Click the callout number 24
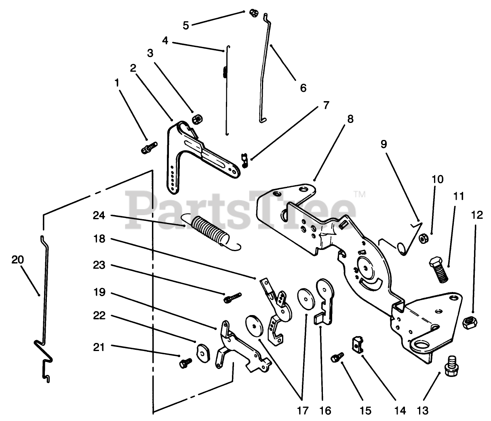click(99, 216)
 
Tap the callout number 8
click(350, 119)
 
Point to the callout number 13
click(422, 410)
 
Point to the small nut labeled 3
click(198, 118)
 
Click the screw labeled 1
click(149, 147)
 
